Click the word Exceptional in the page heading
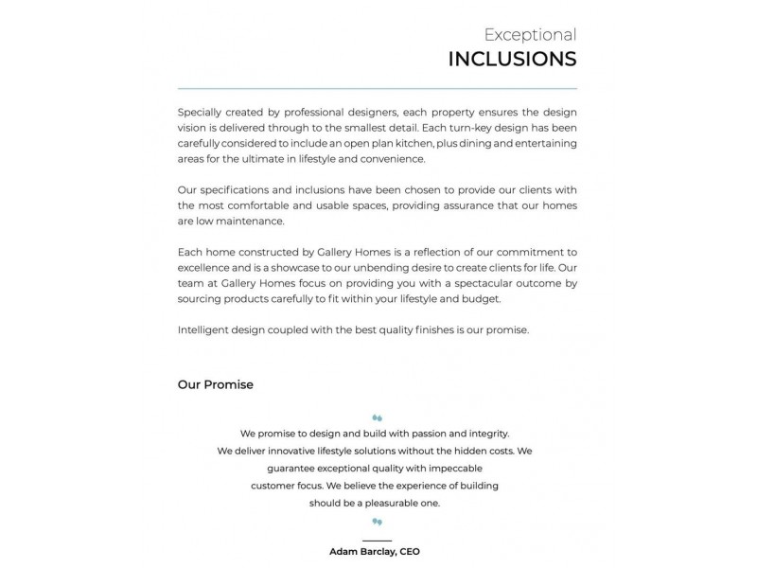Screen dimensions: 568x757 click(x=530, y=35)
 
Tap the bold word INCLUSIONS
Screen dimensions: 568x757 click(x=512, y=60)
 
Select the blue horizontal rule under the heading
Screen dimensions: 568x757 click(x=377, y=88)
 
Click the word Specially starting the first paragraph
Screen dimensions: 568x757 click(x=201, y=112)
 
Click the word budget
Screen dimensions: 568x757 click(x=480, y=298)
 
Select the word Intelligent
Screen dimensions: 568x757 click(x=202, y=329)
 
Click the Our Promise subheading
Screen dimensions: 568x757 click(x=215, y=385)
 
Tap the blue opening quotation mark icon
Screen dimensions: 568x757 click(x=377, y=417)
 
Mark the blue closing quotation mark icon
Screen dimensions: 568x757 click(x=377, y=522)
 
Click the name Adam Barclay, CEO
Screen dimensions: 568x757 click(x=375, y=551)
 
